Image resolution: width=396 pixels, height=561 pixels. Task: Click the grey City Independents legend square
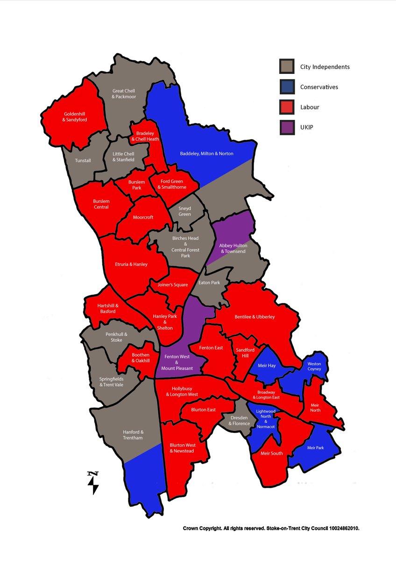click(287, 66)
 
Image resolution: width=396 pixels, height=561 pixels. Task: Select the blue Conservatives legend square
click(287, 87)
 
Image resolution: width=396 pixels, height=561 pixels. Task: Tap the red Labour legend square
click(287, 107)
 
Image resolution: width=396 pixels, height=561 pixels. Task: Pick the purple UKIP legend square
click(287, 127)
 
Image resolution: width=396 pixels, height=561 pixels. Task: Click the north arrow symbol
click(93, 483)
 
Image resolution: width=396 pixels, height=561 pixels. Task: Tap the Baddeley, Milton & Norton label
click(206, 153)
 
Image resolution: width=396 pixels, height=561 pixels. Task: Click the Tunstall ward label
click(83, 160)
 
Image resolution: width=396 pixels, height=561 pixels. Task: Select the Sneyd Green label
click(184, 211)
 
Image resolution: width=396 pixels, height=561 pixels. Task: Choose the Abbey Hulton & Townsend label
click(232, 248)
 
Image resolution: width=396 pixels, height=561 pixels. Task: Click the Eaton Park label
click(208, 283)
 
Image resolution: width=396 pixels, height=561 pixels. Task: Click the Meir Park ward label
click(315, 448)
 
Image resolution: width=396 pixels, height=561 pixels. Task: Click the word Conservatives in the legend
click(319, 87)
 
